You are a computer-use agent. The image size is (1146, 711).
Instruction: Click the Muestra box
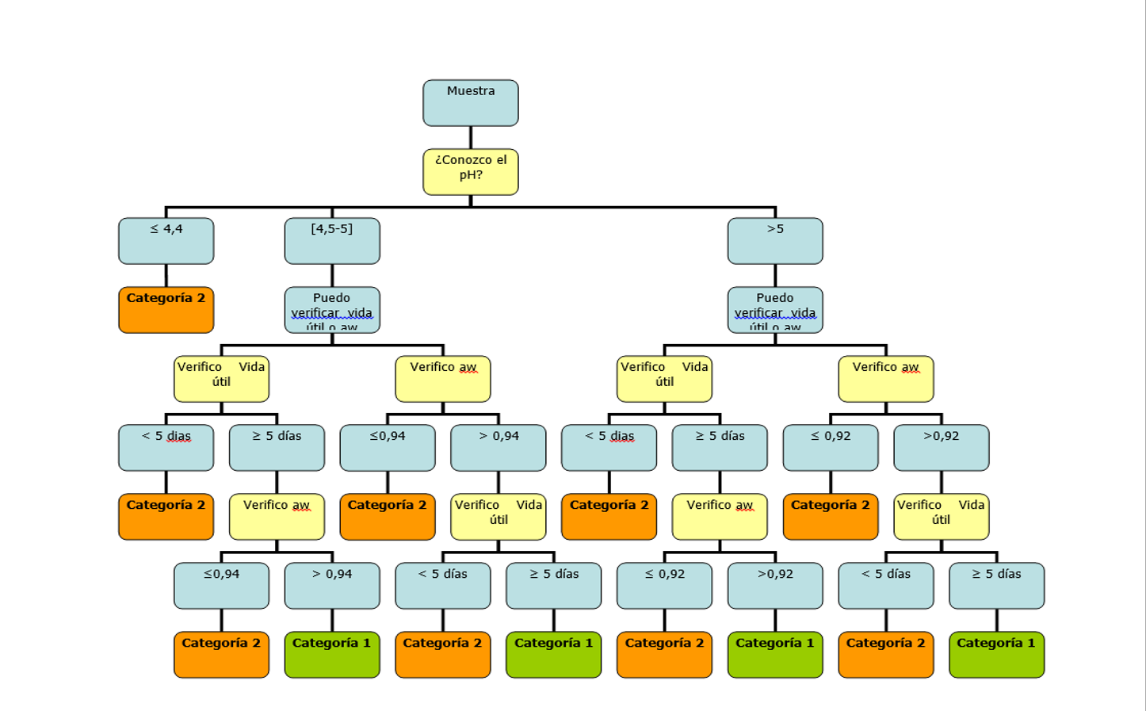pyautogui.click(x=470, y=102)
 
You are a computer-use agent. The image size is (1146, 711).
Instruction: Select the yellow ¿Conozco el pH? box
pyautogui.click(x=470, y=171)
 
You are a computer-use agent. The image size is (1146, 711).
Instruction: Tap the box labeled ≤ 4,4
pyautogui.click(x=166, y=240)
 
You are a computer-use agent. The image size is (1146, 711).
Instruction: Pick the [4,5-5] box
pyautogui.click(x=332, y=240)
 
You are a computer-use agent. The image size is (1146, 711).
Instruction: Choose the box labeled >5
pyautogui.click(x=775, y=240)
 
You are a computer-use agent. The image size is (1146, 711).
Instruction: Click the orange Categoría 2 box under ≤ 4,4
pyautogui.click(x=166, y=309)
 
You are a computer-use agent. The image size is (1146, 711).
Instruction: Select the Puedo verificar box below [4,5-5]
pyautogui.click(x=332, y=309)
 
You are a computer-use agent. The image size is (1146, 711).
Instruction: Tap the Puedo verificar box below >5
pyautogui.click(x=775, y=309)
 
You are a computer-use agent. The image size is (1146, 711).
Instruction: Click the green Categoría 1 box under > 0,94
pyautogui.click(x=332, y=654)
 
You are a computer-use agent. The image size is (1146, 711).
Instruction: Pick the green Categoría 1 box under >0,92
pyautogui.click(x=775, y=654)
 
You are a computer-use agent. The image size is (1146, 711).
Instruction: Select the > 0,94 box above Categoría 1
pyautogui.click(x=332, y=585)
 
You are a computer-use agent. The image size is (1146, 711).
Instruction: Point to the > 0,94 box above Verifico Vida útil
pyautogui.click(x=498, y=447)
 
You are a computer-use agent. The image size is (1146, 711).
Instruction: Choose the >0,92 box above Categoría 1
pyautogui.click(x=775, y=585)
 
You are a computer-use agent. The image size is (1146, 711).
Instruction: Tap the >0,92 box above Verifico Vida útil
pyautogui.click(x=941, y=447)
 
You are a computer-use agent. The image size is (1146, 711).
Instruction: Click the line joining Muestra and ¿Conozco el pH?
pyautogui.click(x=470, y=137)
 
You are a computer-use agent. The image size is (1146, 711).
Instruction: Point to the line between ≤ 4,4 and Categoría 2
pyautogui.click(x=166, y=275)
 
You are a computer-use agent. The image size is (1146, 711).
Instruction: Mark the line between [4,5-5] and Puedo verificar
pyautogui.click(x=332, y=275)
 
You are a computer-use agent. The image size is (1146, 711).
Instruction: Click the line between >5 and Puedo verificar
pyautogui.click(x=775, y=275)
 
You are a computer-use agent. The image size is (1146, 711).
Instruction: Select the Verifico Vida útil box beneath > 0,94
pyautogui.click(x=498, y=517)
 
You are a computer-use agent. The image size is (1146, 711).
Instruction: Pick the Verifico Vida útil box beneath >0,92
pyautogui.click(x=941, y=517)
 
